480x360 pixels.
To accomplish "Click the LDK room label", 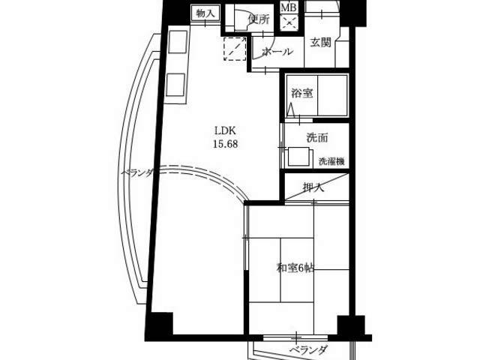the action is tap(225, 130).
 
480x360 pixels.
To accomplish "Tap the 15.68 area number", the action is tap(225, 144).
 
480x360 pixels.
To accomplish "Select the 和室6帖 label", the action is tap(295, 268).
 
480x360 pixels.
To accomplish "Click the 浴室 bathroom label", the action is tap(302, 93).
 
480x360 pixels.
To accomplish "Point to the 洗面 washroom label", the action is tap(317, 138).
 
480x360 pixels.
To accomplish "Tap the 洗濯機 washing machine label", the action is tap(331, 162).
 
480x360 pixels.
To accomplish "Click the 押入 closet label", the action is tap(313, 187).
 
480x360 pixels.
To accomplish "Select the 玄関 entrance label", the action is tap(320, 43).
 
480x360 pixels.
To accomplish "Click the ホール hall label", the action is tap(277, 52).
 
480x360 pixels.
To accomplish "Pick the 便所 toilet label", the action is tap(259, 19).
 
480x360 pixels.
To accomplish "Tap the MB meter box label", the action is tap(289, 7).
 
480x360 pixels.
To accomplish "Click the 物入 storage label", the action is tap(205, 13).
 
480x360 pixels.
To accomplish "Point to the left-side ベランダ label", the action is tap(137, 173).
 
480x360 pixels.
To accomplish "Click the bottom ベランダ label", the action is tap(308, 349).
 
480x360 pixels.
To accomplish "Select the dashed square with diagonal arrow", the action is tap(235, 49).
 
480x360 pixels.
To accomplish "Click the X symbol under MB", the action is tap(289, 22).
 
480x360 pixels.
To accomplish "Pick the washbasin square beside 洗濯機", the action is tap(298, 157).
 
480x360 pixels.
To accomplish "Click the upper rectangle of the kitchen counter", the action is tap(178, 42).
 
